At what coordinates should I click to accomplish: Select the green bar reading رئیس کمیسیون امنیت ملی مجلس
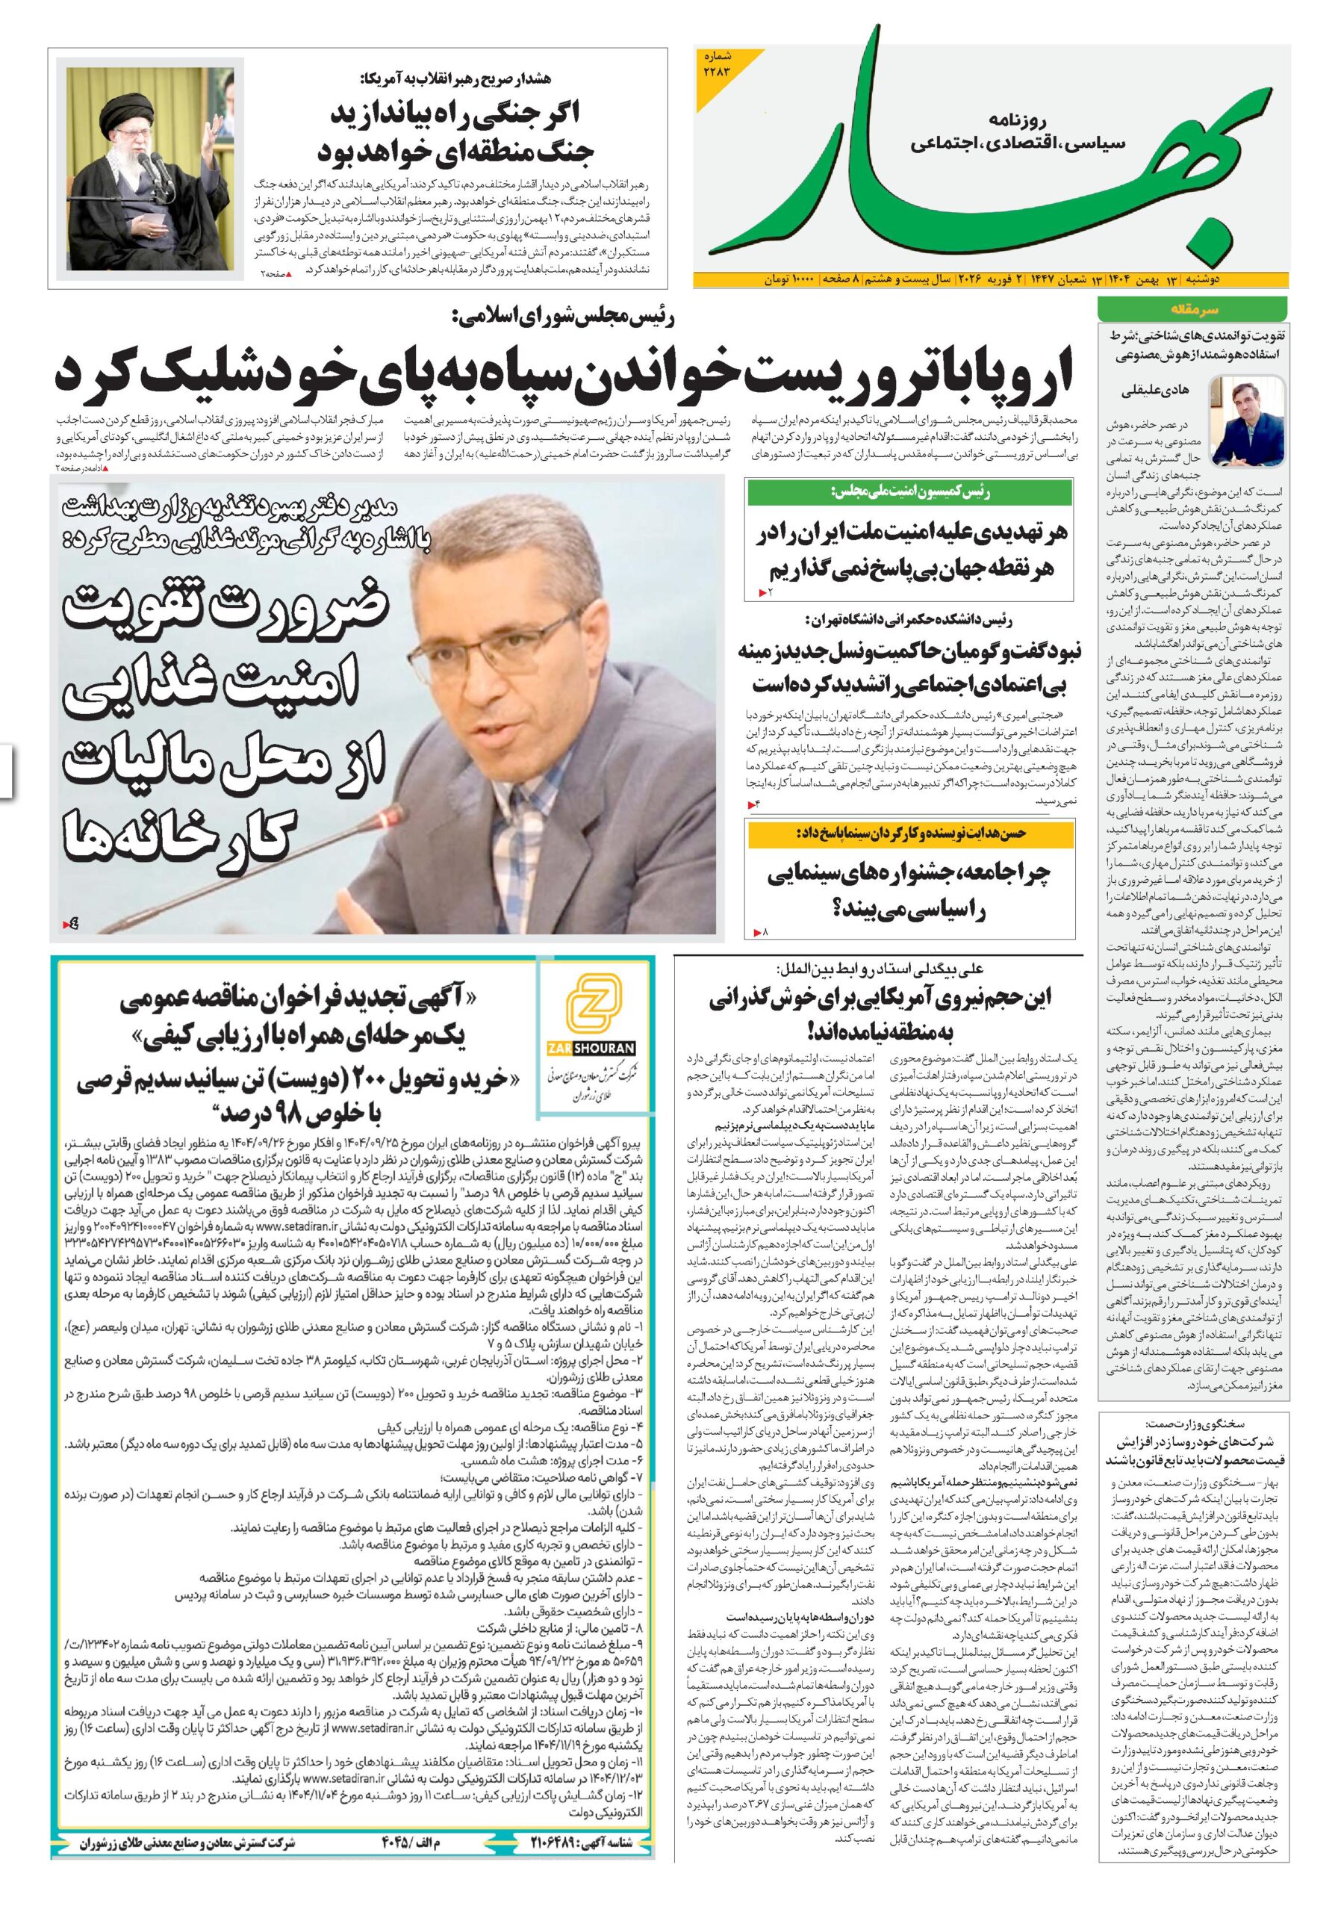[909, 493]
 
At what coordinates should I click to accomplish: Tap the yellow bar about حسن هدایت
[909, 832]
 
